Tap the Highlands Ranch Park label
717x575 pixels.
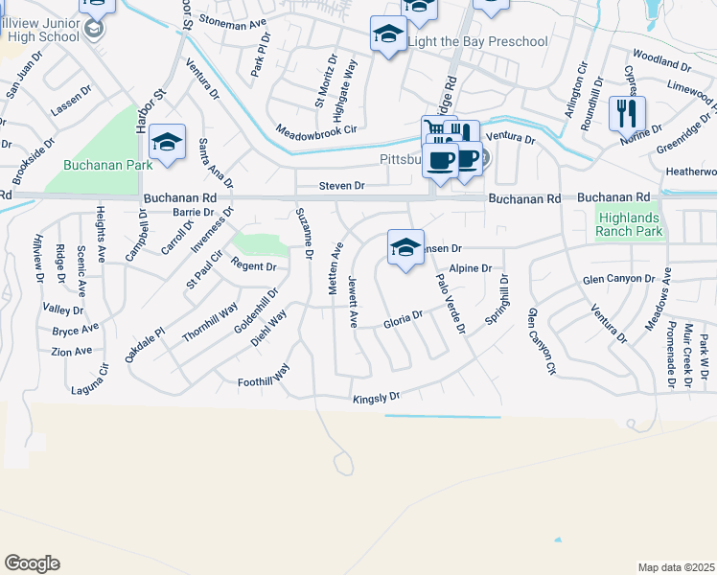[x=629, y=223]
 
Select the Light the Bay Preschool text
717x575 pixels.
[x=477, y=41]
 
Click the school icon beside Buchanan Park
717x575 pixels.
[x=168, y=144]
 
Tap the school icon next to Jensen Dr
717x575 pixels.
[x=405, y=248]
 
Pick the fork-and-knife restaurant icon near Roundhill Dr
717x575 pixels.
[x=627, y=112]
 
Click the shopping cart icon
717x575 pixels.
[x=437, y=131]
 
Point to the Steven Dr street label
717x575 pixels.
[x=342, y=186]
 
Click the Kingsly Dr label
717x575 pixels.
[x=376, y=398]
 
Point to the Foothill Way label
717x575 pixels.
[x=265, y=379]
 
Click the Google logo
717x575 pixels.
[x=32, y=563]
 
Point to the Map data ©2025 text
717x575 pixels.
[x=676, y=567]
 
